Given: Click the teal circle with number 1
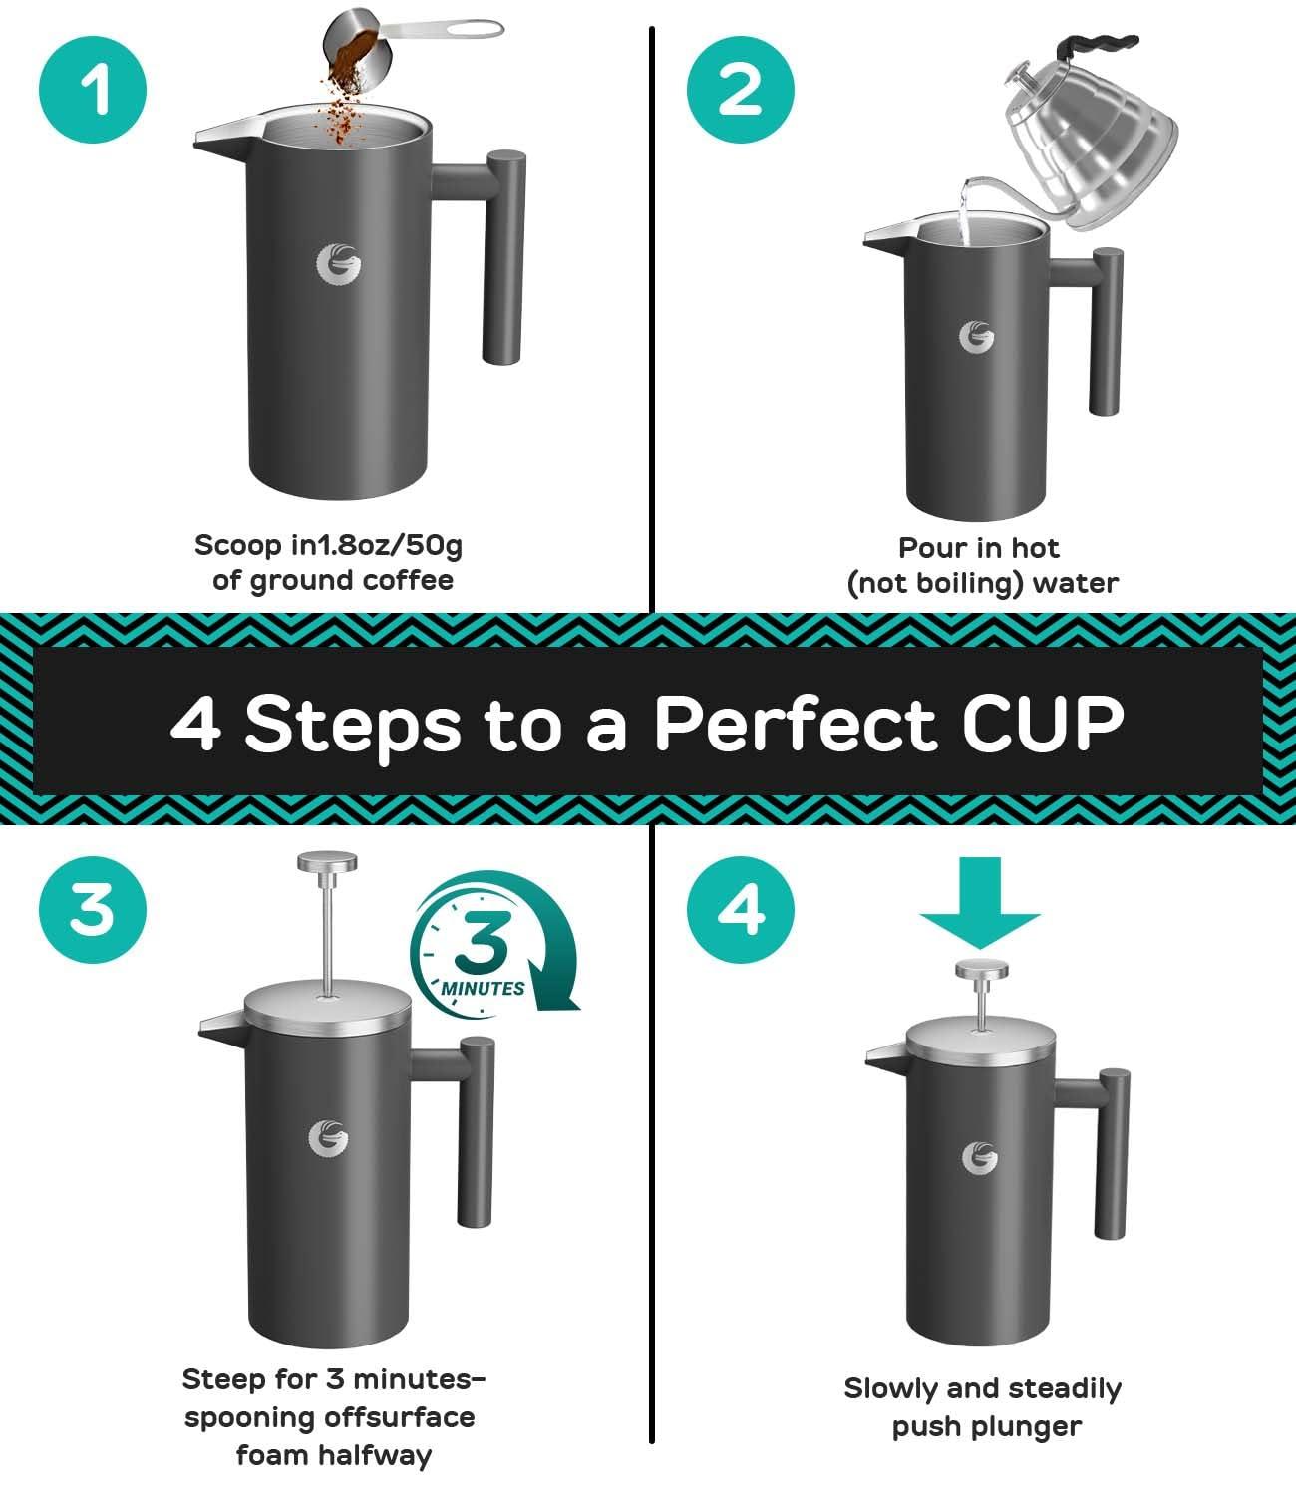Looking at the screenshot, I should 92,91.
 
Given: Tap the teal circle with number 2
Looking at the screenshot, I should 740,91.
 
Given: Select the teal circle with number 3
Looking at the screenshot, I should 92,908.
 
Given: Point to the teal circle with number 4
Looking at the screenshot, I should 740,908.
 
